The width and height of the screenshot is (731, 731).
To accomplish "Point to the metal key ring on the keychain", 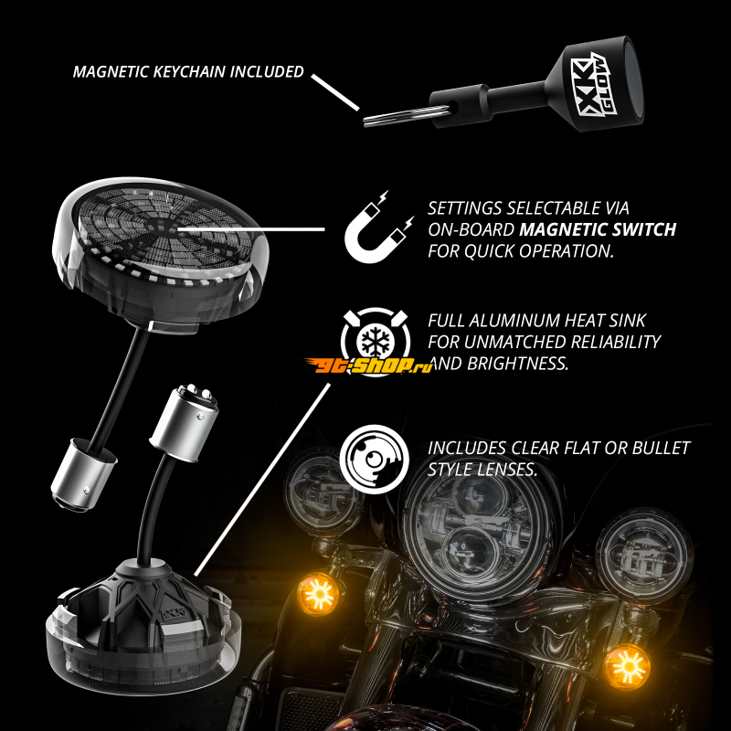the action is (406, 115).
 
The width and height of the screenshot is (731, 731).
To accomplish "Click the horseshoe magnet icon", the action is (378, 227).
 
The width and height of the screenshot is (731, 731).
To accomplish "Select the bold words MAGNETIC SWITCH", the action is (598, 229).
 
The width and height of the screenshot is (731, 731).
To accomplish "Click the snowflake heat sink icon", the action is (376, 339).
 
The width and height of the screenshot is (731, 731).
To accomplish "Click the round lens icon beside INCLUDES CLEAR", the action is (375, 460).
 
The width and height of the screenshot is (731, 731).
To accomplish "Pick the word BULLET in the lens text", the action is (661, 448).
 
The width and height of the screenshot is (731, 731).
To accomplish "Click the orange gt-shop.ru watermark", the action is (368, 365).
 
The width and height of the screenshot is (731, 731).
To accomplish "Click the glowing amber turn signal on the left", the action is (318, 593).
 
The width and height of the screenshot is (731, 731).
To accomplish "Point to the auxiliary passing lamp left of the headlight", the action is (323, 487).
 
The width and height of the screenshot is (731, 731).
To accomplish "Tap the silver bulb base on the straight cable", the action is (84, 473).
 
